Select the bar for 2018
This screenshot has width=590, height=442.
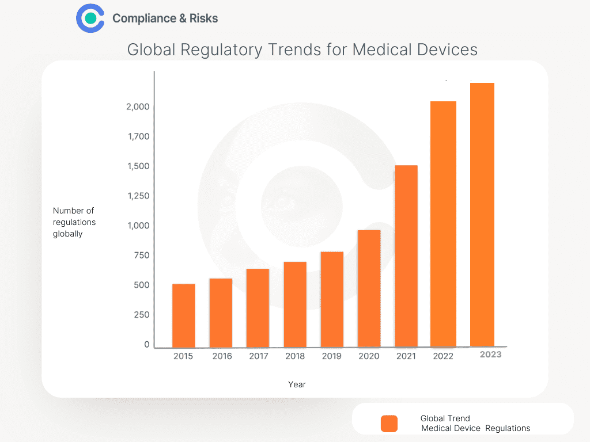[295, 304]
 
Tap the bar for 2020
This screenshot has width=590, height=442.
[369, 288]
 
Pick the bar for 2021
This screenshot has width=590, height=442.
[406, 256]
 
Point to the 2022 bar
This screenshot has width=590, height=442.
[444, 224]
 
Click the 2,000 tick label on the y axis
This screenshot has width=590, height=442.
[138, 107]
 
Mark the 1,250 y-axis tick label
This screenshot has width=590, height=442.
[138, 196]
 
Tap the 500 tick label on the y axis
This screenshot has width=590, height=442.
[142, 285]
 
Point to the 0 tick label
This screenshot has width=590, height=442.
[147, 345]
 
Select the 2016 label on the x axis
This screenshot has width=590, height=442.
[222, 356]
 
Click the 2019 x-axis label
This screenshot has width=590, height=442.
[331, 356]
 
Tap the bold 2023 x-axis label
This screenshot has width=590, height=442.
[490, 355]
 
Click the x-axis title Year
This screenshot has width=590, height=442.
[297, 384]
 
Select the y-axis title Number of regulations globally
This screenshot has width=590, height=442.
[74, 222]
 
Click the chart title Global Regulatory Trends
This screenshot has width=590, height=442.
[302, 49]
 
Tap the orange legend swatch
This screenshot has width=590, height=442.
[389, 424]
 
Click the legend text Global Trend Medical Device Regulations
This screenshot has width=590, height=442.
[475, 424]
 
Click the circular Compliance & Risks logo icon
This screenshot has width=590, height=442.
[90, 18]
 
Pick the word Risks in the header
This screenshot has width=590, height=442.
[204, 18]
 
